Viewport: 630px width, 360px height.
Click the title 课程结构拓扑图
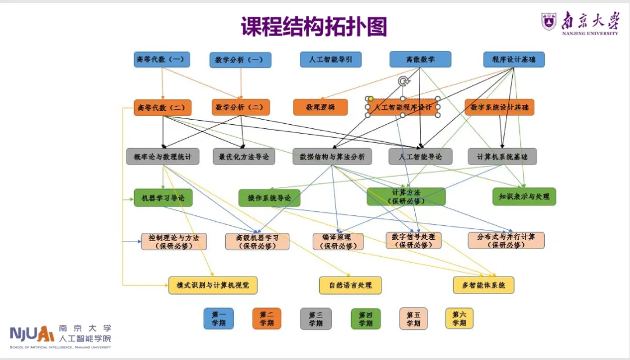pyautogui.click(x=314, y=27)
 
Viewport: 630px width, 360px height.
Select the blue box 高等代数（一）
pyautogui.click(x=162, y=60)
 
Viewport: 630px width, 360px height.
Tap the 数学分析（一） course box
pyautogui.click(x=240, y=60)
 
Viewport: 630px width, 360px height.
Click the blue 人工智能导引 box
pyautogui.click(x=331, y=60)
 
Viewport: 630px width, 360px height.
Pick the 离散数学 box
pyautogui.click(x=420, y=60)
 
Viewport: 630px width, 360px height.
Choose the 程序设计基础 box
pyautogui.click(x=513, y=60)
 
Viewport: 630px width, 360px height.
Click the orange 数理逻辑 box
pyautogui.click(x=320, y=107)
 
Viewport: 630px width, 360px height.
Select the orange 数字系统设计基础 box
pyautogui.click(x=500, y=107)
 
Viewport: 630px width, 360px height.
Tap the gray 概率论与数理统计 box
pyautogui.click(x=163, y=156)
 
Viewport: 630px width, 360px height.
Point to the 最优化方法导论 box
pyautogui.click(x=244, y=156)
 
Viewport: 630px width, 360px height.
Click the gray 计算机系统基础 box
pyautogui.click(x=502, y=156)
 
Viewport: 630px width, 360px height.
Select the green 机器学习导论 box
pyautogui.click(x=163, y=198)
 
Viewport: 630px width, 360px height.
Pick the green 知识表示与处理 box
pyautogui.click(x=524, y=197)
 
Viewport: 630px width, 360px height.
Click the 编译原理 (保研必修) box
pyautogui.click(x=338, y=242)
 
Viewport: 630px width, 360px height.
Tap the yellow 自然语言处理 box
pyautogui.click(x=350, y=285)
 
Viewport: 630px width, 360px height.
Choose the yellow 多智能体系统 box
pyautogui.click(x=484, y=285)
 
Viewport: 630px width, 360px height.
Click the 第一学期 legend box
pyautogui.click(x=219, y=319)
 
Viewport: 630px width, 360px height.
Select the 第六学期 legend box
pyautogui.click(x=459, y=319)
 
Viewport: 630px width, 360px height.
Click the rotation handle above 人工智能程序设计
pyautogui.click(x=402, y=81)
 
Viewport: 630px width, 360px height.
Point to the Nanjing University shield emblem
pyautogui.click(x=549, y=22)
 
